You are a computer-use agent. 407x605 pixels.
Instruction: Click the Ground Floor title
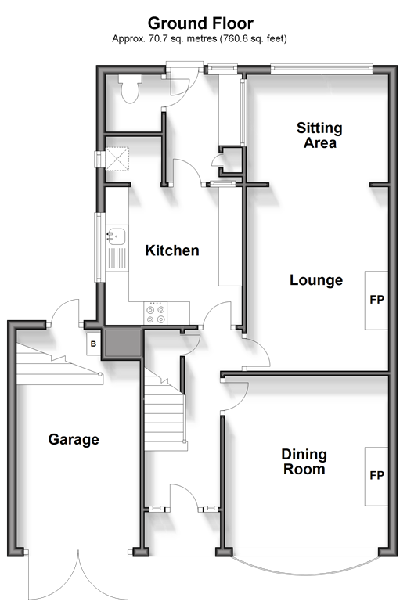tap(200, 23)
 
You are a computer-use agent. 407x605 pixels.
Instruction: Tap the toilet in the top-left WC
tap(130, 88)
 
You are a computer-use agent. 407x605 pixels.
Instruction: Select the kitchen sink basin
tap(116, 236)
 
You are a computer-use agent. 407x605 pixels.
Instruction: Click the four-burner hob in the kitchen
tap(156, 313)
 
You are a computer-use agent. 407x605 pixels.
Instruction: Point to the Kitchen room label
tap(172, 250)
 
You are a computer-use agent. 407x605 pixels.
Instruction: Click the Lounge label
tap(316, 280)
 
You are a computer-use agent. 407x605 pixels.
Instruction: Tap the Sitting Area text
tap(319, 135)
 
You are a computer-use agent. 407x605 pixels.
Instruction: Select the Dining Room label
tap(304, 462)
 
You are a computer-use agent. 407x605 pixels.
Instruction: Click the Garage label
tap(74, 440)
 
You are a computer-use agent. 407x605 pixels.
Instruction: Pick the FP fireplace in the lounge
tap(376, 301)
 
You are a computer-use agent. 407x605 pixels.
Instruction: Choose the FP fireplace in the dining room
tap(376, 476)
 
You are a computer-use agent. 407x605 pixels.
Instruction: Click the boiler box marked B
tap(93, 344)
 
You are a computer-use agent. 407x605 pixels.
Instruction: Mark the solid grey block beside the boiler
tap(122, 343)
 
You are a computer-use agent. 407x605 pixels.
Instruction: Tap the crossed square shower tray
tap(117, 160)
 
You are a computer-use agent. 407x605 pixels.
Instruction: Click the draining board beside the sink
tap(116, 258)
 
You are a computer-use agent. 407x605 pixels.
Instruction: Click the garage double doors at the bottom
tap(78, 576)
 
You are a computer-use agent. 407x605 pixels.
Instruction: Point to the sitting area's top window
tap(322, 69)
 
